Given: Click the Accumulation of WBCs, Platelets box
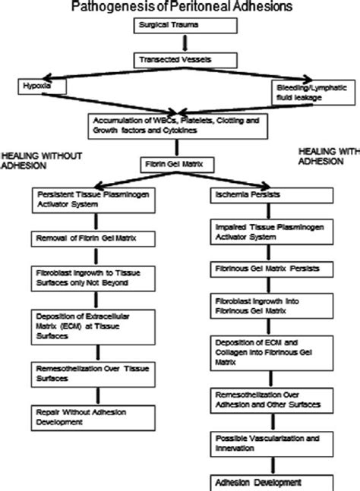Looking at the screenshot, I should point(180,125).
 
